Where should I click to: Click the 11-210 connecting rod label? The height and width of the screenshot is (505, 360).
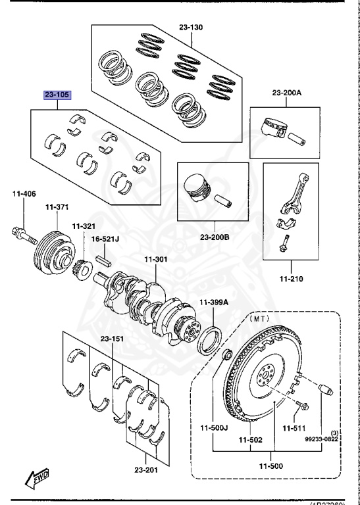pyautogui.click(x=290, y=279)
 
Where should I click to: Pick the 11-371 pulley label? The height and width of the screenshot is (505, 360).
pyautogui.click(x=57, y=207)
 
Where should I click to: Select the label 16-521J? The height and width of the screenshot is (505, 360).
pyautogui.click(x=104, y=239)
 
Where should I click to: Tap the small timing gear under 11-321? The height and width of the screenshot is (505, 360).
pyautogui.click(x=84, y=269)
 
